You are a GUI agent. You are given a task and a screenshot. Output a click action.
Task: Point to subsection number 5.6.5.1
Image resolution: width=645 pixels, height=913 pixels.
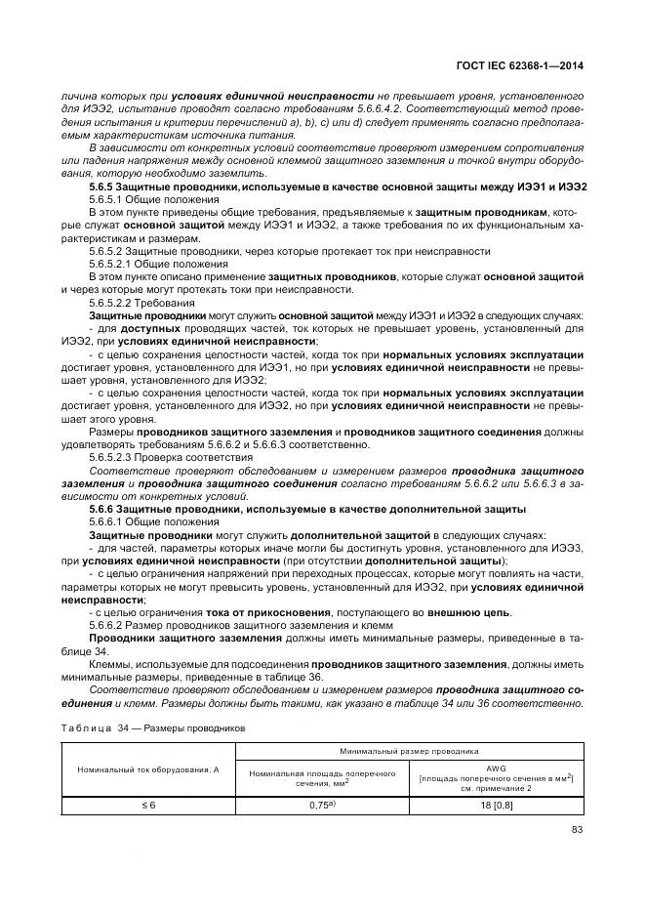[x=108, y=199]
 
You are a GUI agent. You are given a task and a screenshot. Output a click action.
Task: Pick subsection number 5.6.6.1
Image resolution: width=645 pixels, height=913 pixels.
[x=108, y=522]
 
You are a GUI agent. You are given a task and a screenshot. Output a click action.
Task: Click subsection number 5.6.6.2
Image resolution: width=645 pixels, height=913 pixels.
[x=108, y=625]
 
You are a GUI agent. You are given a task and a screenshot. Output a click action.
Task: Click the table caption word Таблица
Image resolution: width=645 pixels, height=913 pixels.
[x=87, y=728]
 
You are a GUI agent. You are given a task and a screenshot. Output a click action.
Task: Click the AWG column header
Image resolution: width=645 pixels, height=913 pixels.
[x=496, y=768]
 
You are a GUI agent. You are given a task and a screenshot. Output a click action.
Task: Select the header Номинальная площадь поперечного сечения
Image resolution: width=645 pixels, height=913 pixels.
[x=322, y=777]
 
